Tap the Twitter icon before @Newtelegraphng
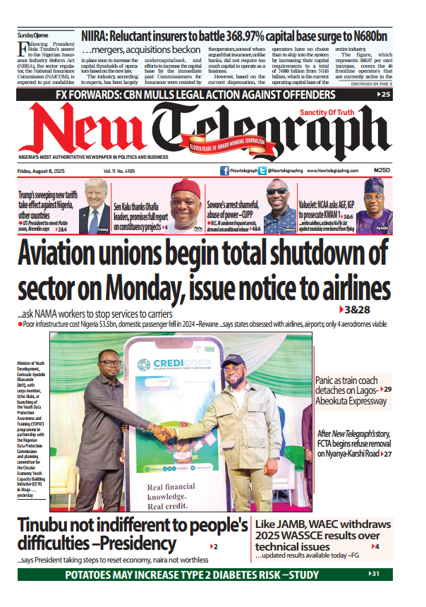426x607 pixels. point(262,170)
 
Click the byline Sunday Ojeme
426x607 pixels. point(34,35)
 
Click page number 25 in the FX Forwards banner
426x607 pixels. point(385,94)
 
